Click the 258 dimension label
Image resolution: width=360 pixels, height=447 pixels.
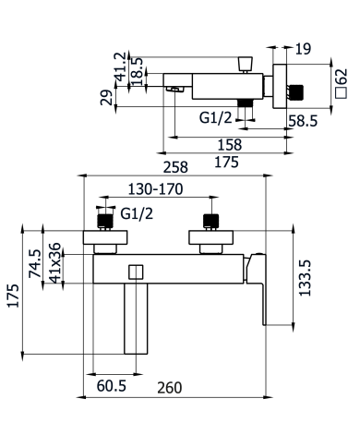(x=175, y=167)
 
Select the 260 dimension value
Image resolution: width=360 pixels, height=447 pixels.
(x=170, y=388)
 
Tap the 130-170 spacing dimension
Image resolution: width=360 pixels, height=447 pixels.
(x=155, y=189)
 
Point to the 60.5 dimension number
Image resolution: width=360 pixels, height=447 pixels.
(x=112, y=386)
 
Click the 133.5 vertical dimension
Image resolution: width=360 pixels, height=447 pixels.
(x=306, y=278)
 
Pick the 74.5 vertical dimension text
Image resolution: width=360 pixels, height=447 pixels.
(x=35, y=263)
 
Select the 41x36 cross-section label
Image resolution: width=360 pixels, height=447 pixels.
(x=55, y=263)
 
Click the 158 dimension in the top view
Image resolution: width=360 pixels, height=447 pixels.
(x=230, y=145)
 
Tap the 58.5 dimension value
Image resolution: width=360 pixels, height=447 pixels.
(x=303, y=121)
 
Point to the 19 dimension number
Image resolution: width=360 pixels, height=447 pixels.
(x=303, y=49)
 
